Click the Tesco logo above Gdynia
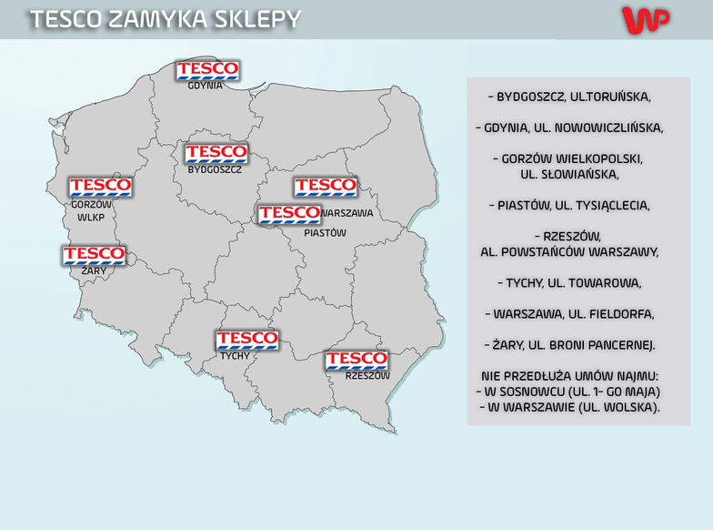[207, 69]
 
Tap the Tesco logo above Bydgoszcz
[216, 152]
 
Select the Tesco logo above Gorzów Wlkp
[100, 187]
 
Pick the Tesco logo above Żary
[94, 254]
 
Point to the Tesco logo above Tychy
[246, 340]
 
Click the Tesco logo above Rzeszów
[356, 360]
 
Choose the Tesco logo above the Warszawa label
[325, 187]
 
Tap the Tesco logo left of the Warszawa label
[288, 214]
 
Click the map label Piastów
[326, 233]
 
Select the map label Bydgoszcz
[215, 170]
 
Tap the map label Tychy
[235, 356]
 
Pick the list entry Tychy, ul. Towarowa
[569, 282]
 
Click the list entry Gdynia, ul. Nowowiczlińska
[569, 127]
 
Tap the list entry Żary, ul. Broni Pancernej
[569, 345]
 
